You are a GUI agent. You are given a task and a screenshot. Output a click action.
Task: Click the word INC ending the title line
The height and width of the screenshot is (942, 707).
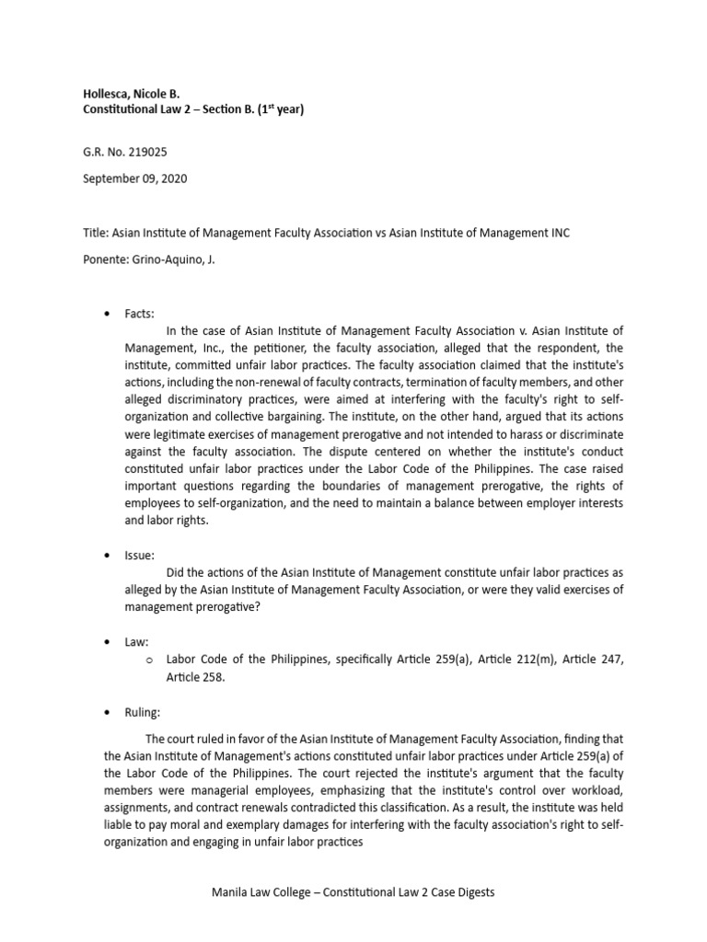coord(558,233)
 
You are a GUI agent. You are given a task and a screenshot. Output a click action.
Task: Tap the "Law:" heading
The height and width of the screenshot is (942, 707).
coord(137,640)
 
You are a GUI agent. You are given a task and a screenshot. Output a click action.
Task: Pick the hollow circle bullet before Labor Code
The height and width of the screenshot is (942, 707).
coord(148,661)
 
